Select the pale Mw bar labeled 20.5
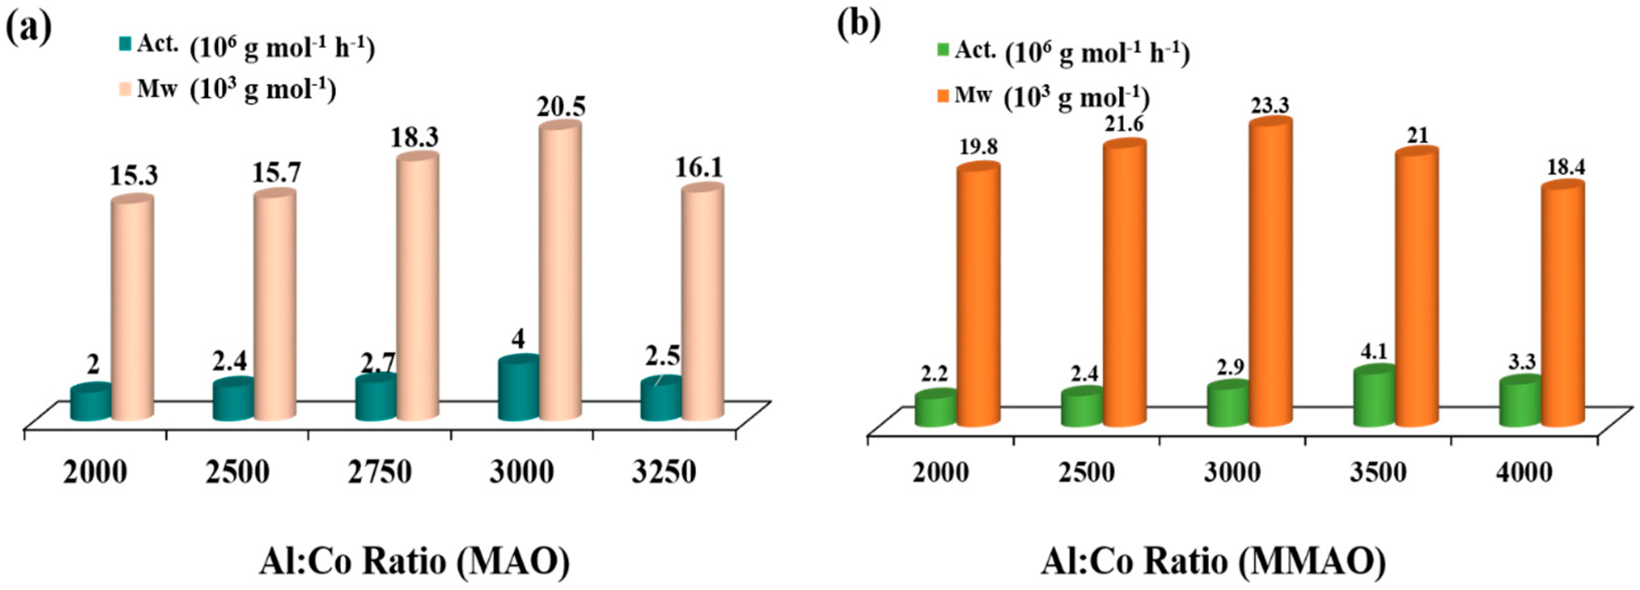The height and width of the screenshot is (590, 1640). [560, 274]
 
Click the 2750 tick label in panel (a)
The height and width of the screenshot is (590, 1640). [380, 472]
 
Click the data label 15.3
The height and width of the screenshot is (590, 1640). [134, 176]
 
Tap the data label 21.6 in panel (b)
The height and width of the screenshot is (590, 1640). [1124, 124]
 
